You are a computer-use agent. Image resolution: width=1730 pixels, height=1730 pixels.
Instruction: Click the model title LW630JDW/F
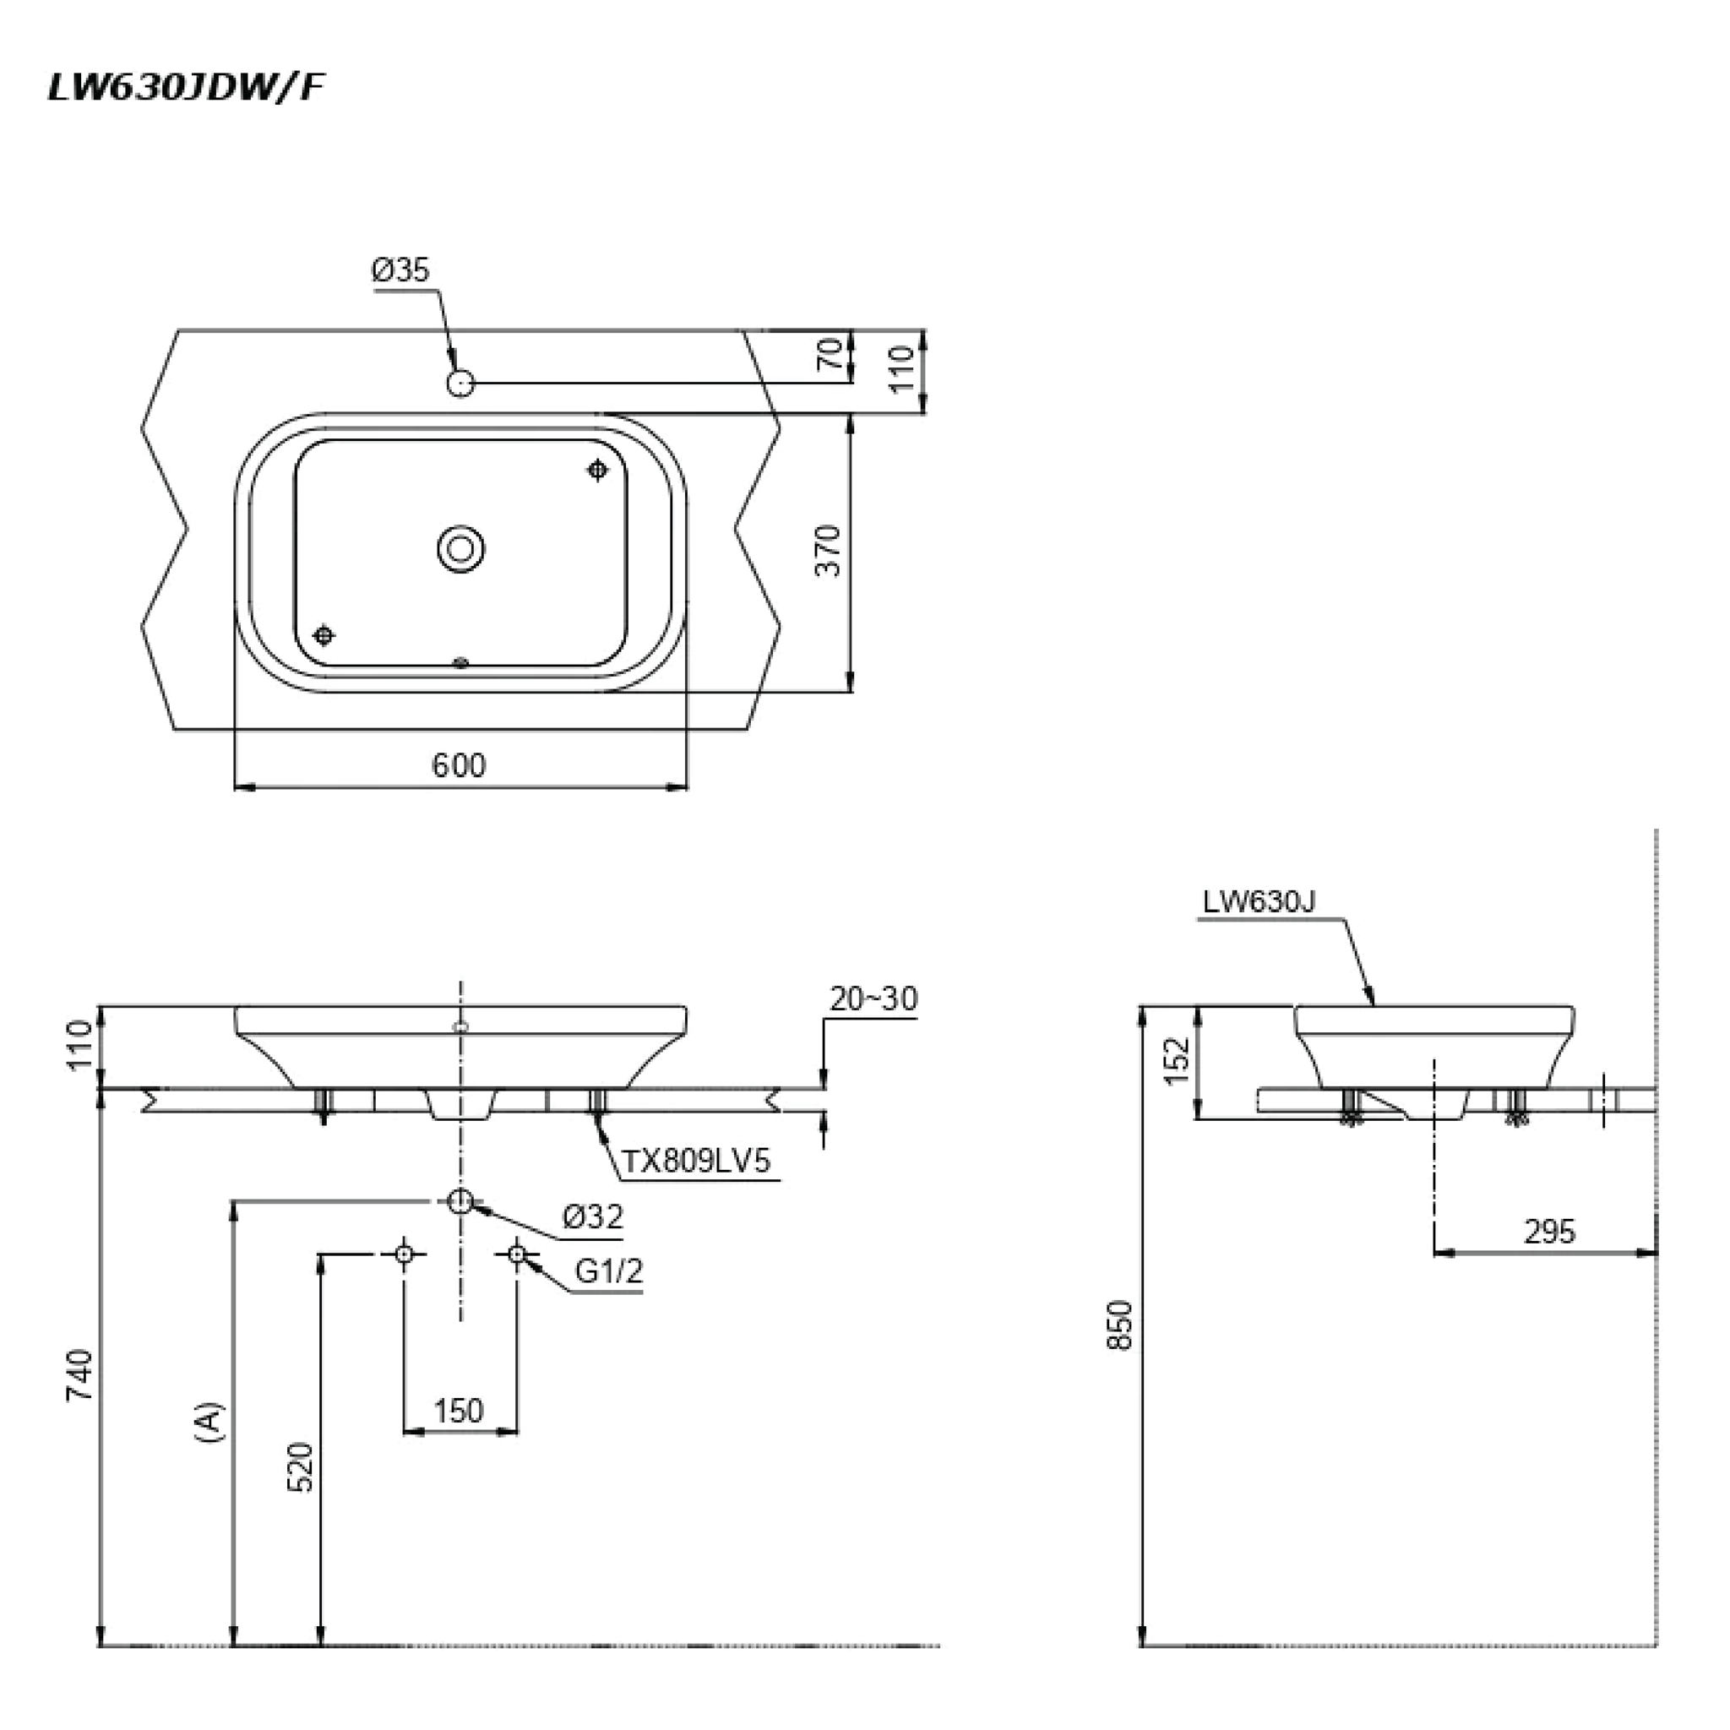(x=185, y=87)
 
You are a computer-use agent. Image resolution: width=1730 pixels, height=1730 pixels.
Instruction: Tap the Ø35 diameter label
(x=401, y=270)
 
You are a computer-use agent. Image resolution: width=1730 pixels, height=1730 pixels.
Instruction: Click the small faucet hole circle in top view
(x=460, y=384)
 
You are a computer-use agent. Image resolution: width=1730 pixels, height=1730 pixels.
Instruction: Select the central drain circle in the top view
(x=461, y=548)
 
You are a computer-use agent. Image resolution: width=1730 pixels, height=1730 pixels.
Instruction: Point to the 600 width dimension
(x=459, y=765)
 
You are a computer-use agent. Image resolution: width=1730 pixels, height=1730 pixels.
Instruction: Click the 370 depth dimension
(x=830, y=551)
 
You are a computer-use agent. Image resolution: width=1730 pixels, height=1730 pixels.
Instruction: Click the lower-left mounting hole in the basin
(x=324, y=635)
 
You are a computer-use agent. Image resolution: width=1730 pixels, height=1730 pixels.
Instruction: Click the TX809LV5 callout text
(x=696, y=1161)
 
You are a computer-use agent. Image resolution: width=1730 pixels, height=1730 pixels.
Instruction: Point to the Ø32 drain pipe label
(x=593, y=1216)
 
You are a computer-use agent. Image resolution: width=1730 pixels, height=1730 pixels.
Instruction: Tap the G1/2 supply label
(x=609, y=1270)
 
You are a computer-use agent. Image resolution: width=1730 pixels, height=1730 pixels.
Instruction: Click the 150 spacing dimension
(x=459, y=1412)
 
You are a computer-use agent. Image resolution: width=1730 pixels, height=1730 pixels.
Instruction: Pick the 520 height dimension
(x=302, y=1466)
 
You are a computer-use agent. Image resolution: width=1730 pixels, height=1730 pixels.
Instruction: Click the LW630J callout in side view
(x=1258, y=901)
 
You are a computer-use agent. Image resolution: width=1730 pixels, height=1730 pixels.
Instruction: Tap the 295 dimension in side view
(x=1548, y=1232)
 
